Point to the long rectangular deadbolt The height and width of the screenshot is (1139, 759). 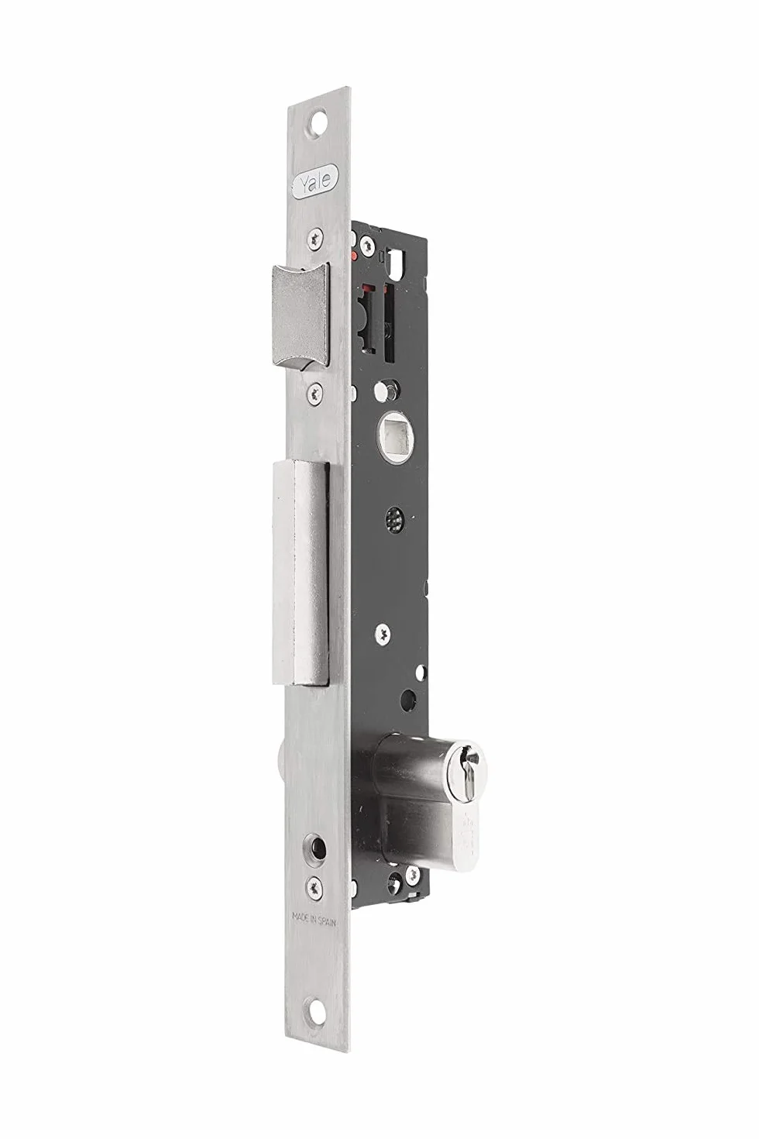pyautogui.click(x=301, y=574)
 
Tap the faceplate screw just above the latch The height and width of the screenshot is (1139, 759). pyautogui.click(x=316, y=237)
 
